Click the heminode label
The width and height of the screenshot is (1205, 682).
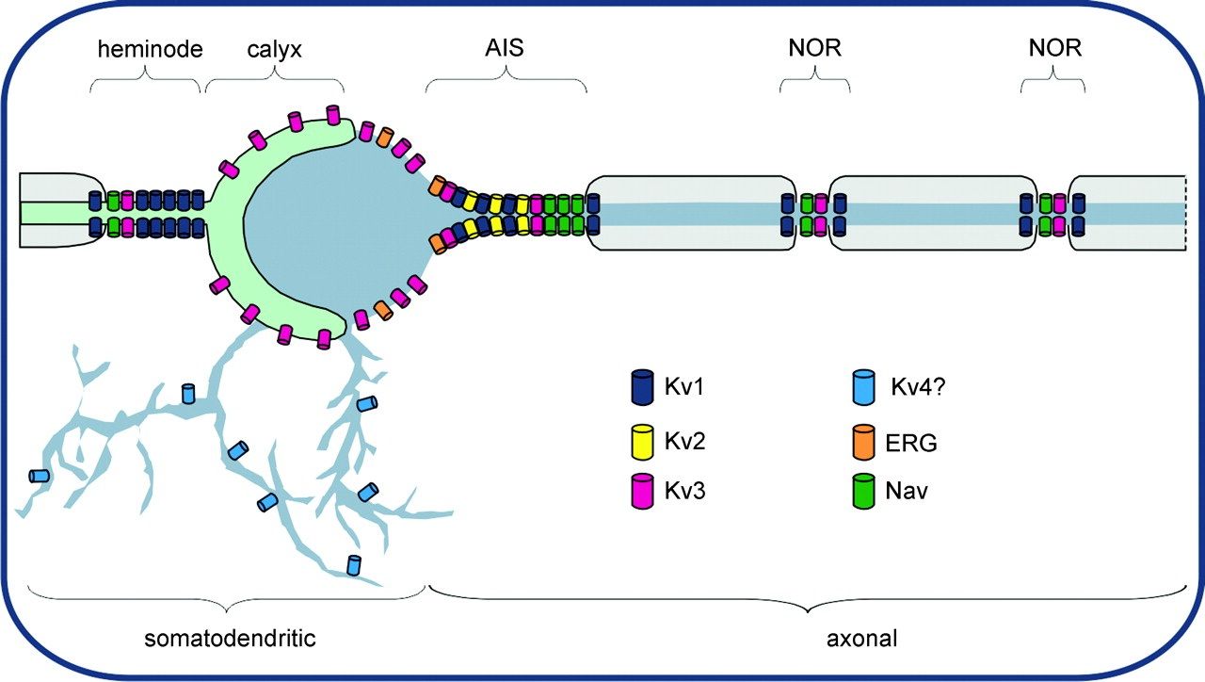150,49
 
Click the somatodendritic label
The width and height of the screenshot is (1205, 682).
229,639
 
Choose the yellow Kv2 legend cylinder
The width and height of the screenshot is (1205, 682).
642,439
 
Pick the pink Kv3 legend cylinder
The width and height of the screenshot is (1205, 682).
642,491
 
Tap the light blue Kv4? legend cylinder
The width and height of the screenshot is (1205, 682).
863,387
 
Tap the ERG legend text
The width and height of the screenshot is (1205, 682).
914,442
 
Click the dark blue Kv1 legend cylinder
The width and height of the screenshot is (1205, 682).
642,387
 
